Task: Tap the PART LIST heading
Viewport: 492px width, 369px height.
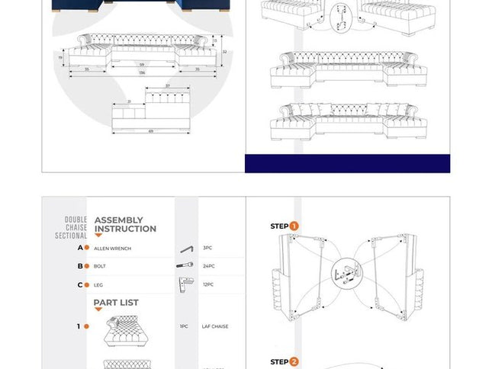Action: [116, 303]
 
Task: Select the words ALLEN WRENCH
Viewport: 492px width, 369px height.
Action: [112, 249]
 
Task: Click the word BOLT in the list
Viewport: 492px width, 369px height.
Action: [100, 267]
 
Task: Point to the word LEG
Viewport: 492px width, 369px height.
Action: [98, 285]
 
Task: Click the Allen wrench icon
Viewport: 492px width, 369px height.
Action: [187, 249]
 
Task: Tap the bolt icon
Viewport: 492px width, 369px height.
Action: [185, 266]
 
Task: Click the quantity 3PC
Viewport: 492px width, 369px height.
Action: [207, 249]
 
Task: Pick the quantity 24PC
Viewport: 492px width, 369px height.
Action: [208, 267]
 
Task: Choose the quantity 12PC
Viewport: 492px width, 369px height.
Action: [208, 285]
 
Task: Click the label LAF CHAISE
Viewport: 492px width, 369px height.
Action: [214, 326]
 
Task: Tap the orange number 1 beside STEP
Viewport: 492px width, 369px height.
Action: [294, 226]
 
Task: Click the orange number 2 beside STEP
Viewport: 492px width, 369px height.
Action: [294, 362]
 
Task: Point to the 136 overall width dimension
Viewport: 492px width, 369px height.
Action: [143, 74]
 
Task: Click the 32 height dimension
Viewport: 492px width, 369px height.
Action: [223, 52]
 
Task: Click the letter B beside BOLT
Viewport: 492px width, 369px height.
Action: [80, 267]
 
